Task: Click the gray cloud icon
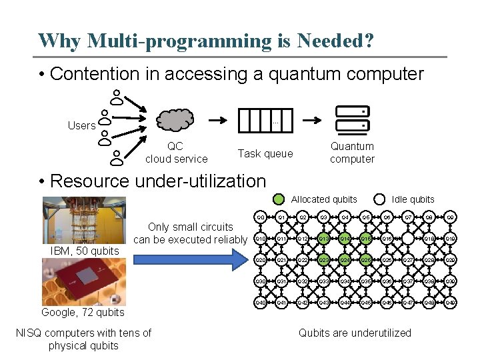tap(177, 120)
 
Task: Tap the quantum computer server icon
tap(351, 119)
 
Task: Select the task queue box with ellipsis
tap(265, 120)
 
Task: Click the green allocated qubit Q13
tap(323, 239)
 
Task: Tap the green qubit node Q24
tap(344, 260)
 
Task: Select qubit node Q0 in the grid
tap(261, 218)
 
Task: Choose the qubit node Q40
tap(261, 303)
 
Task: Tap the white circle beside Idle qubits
tap(379, 199)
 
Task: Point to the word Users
tap(81, 125)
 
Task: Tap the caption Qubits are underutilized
tap(355, 333)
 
